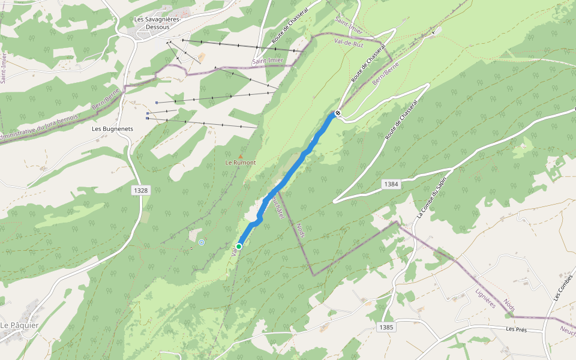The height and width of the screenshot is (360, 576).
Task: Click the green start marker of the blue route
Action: coord(239,246)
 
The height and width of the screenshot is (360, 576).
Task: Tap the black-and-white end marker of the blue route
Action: coord(338,112)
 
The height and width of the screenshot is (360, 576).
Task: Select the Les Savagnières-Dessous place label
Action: coord(157,23)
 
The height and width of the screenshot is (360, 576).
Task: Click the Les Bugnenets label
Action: coord(112,128)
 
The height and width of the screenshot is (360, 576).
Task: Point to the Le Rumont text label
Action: coord(241,163)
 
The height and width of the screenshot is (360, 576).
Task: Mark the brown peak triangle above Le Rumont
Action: coord(241,156)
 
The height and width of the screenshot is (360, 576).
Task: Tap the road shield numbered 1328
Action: coord(140,190)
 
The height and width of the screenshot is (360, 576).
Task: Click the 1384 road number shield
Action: coord(391,184)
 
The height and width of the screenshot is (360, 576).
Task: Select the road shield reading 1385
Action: coord(386,327)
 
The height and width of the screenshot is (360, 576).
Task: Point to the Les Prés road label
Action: coord(516,329)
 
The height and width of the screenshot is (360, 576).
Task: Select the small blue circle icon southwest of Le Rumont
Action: coord(202,242)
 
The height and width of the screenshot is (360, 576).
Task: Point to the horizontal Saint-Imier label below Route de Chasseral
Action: coord(268,61)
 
